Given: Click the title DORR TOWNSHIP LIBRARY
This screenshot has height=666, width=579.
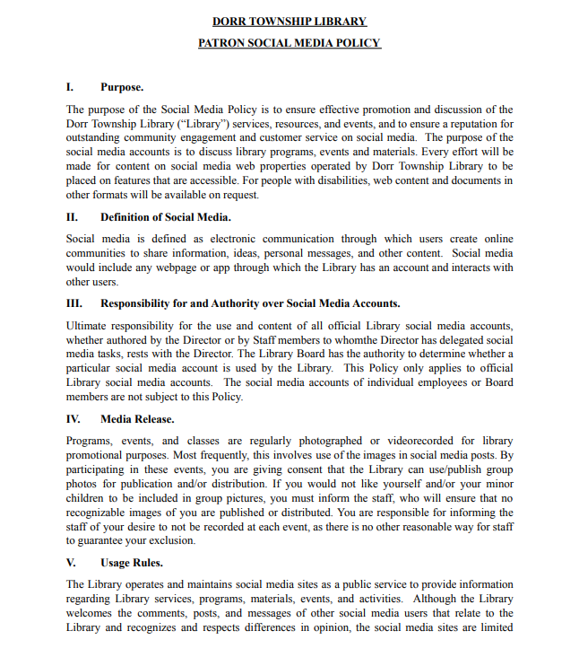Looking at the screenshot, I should [289, 22].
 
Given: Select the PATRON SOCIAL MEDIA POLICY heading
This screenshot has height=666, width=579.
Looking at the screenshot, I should [289, 43].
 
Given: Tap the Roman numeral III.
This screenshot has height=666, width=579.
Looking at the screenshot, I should [73, 303].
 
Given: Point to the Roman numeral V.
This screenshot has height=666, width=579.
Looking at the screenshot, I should [71, 564].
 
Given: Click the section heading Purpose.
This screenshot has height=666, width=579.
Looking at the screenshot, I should [122, 87].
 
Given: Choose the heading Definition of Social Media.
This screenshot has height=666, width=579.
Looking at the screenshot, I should [166, 216].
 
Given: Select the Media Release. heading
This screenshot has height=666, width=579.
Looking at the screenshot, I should [137, 419].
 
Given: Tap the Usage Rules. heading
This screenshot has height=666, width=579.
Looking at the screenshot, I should [132, 564].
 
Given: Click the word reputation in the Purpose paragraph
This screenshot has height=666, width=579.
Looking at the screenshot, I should [462, 123].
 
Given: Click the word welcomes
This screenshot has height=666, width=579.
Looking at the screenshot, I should [91, 613].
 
